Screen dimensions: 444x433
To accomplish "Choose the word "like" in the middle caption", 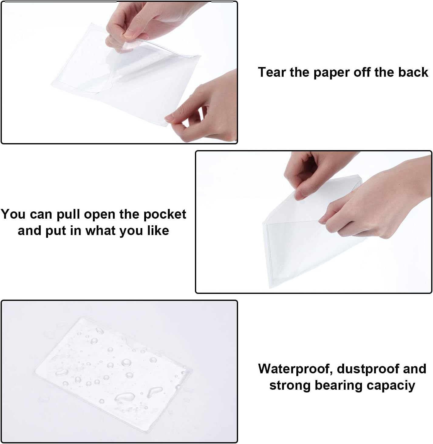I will [158, 231].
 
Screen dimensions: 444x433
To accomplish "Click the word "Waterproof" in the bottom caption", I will [295, 369].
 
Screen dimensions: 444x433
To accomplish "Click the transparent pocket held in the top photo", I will [121, 76].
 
